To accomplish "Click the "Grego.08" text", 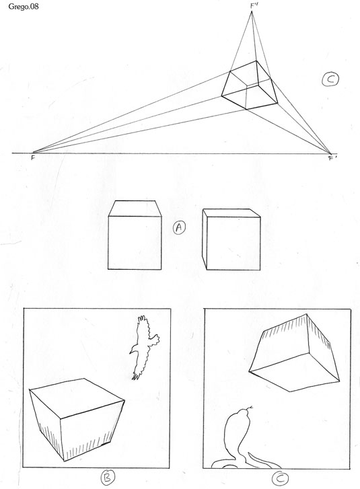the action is coord(24,6).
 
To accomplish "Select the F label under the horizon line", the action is coord(33,158).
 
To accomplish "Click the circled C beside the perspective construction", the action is coord(330,79).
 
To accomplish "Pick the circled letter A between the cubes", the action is coord(179,227).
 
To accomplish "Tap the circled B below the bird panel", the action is coord(107,478).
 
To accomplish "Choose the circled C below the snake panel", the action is coord(280,478).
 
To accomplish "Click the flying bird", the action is coord(144,347).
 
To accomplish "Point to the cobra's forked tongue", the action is coord(250,408).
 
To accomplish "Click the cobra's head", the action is coord(240,415).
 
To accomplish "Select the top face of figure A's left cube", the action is coord(135,209).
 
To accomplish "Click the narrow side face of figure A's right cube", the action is coord(205,239).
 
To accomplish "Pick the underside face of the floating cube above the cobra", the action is coord(295,371).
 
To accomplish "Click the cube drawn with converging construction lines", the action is coord(250,85).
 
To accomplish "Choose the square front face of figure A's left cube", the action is coord(135,243).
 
